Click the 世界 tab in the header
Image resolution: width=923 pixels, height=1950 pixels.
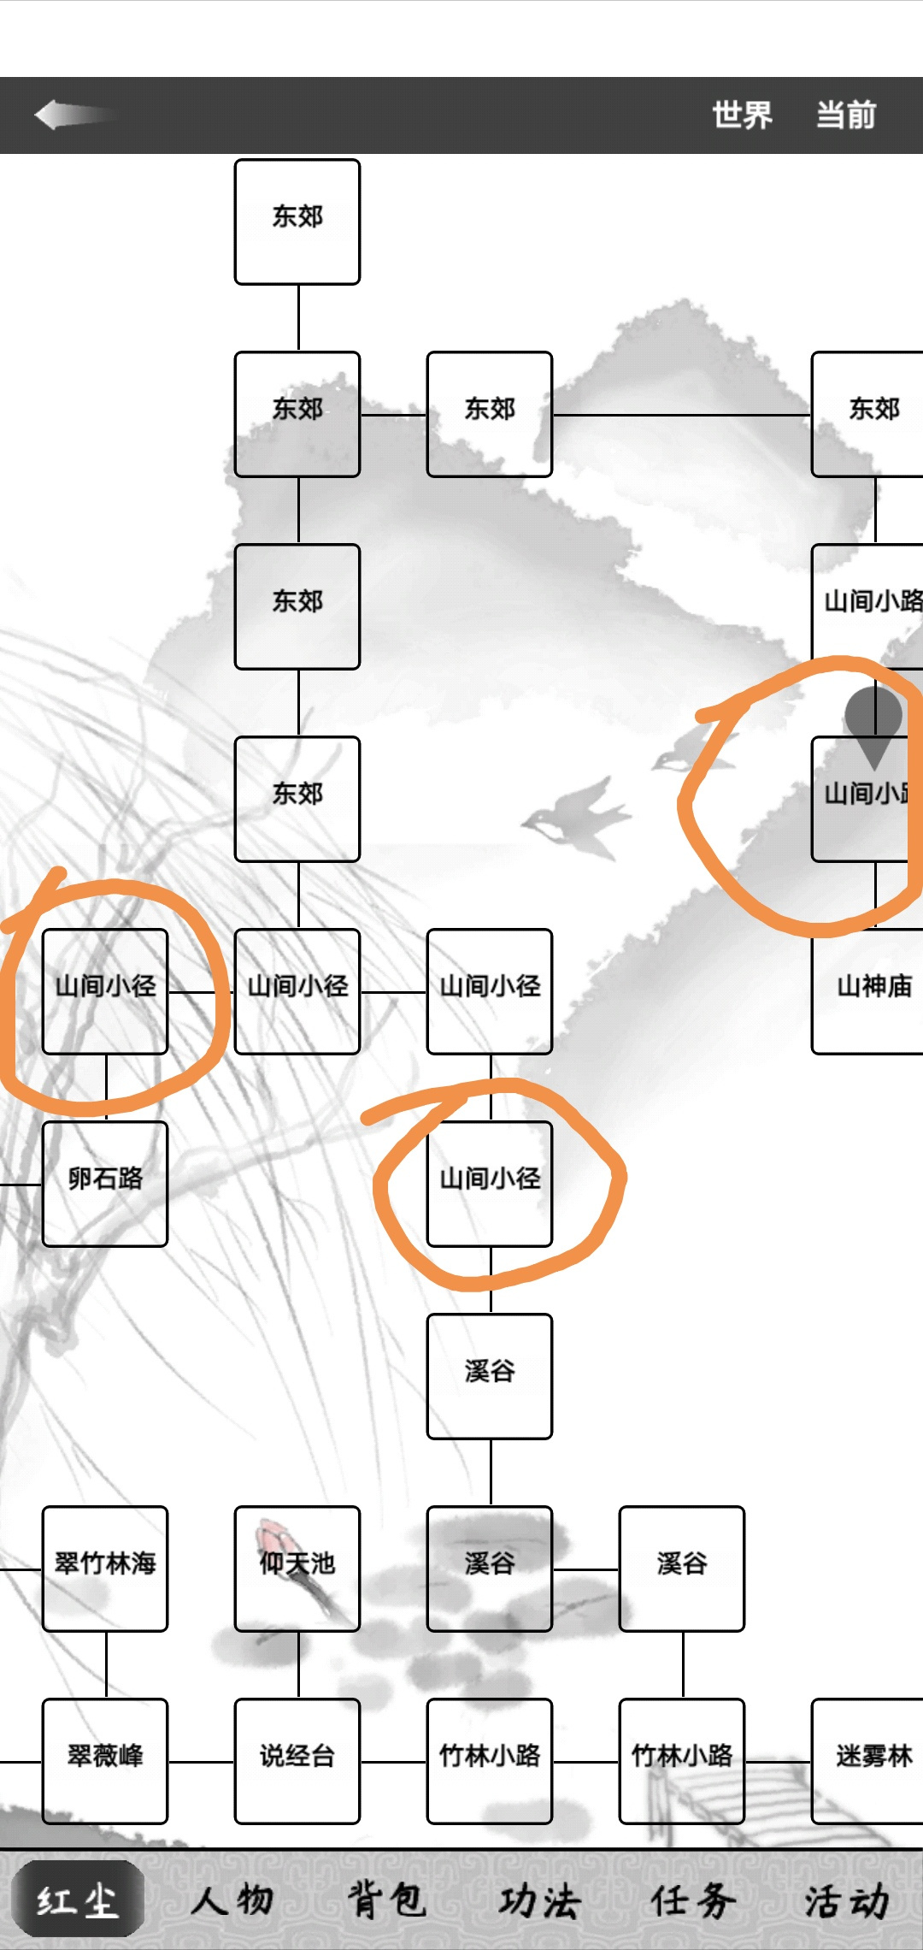pyautogui.click(x=742, y=115)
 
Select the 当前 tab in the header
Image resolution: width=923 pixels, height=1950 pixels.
pyautogui.click(x=846, y=115)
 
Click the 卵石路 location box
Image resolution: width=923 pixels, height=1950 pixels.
pyautogui.click(x=105, y=1184)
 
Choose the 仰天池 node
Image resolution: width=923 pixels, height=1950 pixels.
pyautogui.click(x=297, y=1569)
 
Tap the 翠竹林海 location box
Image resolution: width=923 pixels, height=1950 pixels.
pyautogui.click(x=105, y=1569)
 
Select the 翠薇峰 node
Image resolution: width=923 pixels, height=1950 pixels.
pyautogui.click(x=105, y=1761)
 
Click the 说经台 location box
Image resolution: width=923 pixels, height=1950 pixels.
pyautogui.click(x=297, y=1761)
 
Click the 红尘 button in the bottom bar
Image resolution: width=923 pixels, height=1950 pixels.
pyautogui.click(x=78, y=1900)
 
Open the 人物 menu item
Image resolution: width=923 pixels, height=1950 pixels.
pyautogui.click(x=232, y=1900)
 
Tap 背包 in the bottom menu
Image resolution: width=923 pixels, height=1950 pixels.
pyautogui.click(x=385, y=1900)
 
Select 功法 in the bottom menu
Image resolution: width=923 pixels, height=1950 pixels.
pyautogui.click(x=539, y=1900)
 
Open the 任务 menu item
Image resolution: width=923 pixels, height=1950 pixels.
pyautogui.click(x=693, y=1900)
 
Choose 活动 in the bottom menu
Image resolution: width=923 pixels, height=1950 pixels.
pyautogui.click(x=847, y=1900)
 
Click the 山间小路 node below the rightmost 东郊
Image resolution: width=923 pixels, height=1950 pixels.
pyautogui.click(x=867, y=606)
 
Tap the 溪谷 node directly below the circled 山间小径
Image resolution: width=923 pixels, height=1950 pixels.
pyautogui.click(x=490, y=1376)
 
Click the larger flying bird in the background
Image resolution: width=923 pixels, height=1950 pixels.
pyautogui.click(x=575, y=817)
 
